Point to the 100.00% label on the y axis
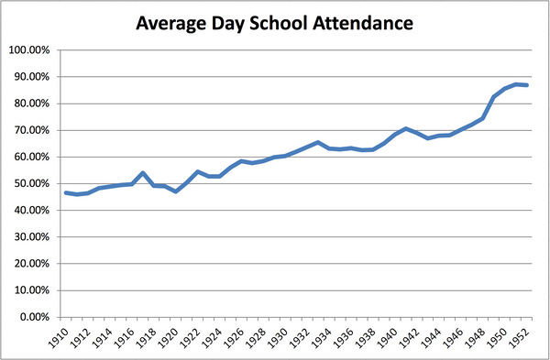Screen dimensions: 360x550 pyautogui.click(x=31, y=49)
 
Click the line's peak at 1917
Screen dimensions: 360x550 pyautogui.click(x=143, y=172)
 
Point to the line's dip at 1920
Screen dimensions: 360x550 pyautogui.click(x=176, y=191)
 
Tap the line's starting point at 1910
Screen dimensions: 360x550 pyautogui.click(x=66, y=192)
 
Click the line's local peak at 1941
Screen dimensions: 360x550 pyautogui.click(x=406, y=128)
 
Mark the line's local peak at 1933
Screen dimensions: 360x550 pyautogui.click(x=318, y=142)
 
